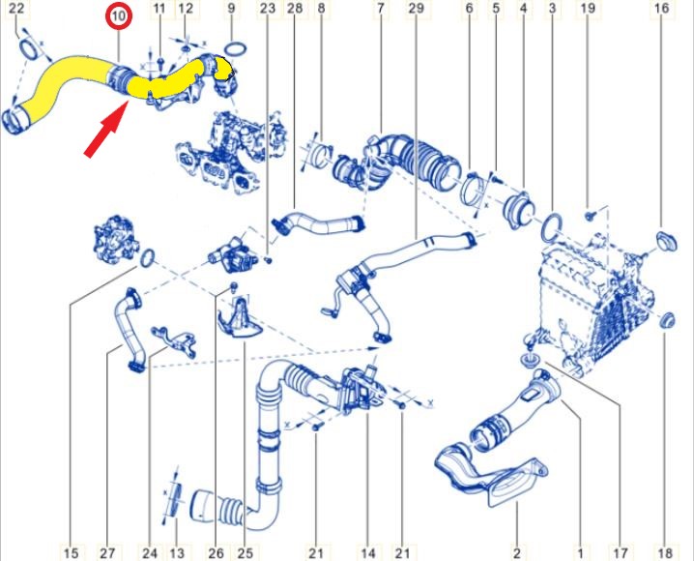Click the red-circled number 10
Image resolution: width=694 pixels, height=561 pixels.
(119, 16)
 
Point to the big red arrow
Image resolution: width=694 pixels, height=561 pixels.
(106, 129)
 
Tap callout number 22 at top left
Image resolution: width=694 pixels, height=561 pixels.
(16, 9)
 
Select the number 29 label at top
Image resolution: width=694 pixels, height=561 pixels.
(416, 9)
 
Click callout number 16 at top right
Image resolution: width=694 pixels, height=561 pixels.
(662, 9)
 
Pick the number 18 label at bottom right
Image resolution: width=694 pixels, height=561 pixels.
(665, 552)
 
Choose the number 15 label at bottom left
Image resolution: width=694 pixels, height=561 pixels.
(71, 552)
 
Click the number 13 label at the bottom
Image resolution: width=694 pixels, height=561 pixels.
(177, 552)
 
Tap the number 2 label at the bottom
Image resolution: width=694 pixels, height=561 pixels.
(517, 552)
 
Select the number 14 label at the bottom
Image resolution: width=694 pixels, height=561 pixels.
(368, 552)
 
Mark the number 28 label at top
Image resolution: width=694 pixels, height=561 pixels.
(295, 9)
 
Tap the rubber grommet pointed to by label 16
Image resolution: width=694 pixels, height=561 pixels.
(666, 241)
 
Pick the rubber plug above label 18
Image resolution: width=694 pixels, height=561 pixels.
(667, 320)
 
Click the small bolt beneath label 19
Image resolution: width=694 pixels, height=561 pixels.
(589, 216)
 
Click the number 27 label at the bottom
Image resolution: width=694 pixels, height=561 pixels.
(107, 552)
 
